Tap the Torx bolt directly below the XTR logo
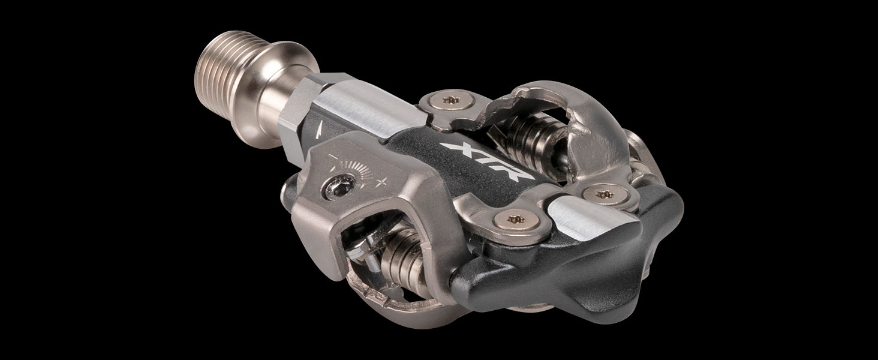pos(513,219)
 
